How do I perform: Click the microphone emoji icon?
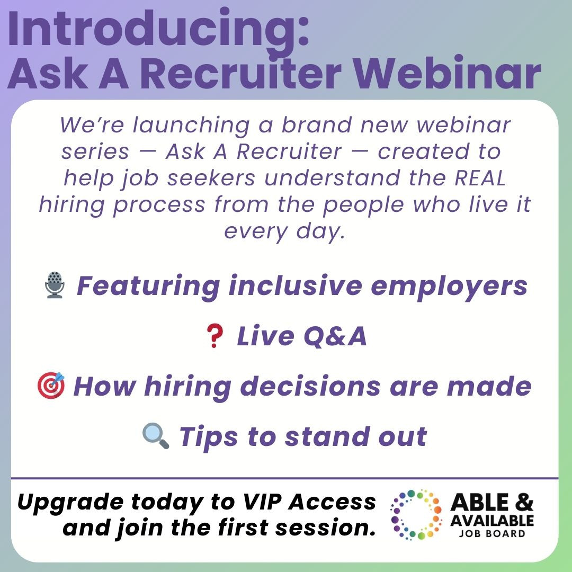point(55,285)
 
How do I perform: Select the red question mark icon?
point(214,336)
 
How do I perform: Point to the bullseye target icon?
point(51,385)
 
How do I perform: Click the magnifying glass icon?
point(155,435)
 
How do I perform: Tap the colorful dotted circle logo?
point(416,515)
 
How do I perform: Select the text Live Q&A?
point(301,336)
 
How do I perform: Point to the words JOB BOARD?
point(492,534)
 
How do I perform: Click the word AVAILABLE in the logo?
point(492,521)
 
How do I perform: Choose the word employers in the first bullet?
point(449,287)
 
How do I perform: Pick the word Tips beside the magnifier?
point(209,437)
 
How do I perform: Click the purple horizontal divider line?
point(284,478)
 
